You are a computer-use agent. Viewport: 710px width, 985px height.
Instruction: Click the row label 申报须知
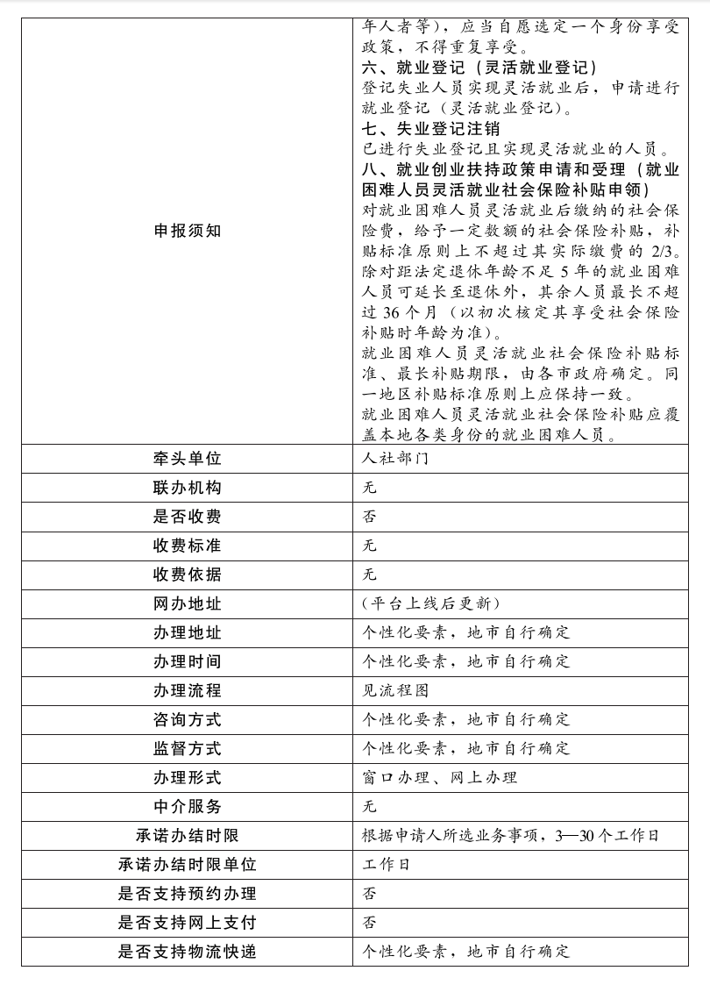coord(187,231)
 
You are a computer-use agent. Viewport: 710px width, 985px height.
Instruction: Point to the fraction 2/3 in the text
coord(663,253)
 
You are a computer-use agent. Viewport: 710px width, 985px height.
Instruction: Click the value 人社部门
coord(394,459)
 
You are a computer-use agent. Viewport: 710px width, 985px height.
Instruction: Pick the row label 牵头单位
coord(187,459)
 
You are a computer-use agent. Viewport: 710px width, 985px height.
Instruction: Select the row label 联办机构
coord(187,488)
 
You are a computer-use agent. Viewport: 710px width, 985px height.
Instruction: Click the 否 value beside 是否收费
coord(370,517)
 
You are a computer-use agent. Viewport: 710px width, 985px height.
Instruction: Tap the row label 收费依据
coord(187,575)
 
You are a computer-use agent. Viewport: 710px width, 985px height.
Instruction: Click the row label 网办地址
coord(187,603)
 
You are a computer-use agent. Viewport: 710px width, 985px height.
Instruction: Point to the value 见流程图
coord(395,690)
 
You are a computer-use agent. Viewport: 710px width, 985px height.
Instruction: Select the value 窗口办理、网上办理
coord(439,777)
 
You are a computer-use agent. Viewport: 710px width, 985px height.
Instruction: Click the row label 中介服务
coord(187,806)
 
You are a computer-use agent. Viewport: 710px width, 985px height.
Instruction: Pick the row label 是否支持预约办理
coord(187,893)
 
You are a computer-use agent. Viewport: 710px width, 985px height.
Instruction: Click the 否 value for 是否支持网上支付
coord(370,922)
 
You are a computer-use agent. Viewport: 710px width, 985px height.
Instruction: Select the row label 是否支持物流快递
coord(187,951)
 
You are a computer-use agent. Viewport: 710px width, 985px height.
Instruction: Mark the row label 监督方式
coord(187,748)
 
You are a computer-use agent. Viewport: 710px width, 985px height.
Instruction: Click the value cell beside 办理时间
coord(466,661)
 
